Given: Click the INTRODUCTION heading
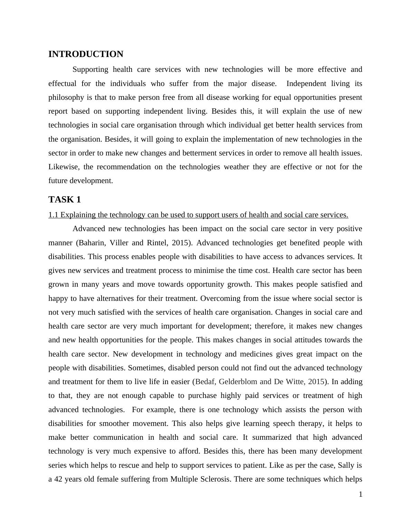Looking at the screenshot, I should point(86,54).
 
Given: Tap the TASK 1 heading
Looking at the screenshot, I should point(65,200).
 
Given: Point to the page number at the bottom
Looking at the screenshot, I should point(361,495).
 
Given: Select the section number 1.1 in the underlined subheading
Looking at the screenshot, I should point(54,215).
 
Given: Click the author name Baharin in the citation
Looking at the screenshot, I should point(92,243).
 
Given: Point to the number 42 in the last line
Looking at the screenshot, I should point(58,479).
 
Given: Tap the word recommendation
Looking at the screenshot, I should point(128,167).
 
